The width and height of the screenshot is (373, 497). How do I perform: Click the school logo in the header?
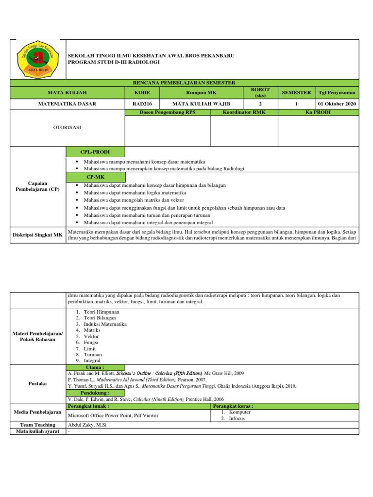pos(38,59)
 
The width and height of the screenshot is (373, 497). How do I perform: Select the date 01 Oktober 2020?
pos(336,103)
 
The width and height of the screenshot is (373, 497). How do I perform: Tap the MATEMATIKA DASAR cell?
pos(68,103)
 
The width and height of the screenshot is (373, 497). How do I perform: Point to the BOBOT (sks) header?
pos(260,92)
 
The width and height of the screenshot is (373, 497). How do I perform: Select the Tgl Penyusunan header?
pos(336,92)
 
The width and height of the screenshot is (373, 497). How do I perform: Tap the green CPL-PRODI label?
pos(95,152)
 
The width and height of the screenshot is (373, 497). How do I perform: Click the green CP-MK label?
pos(95,178)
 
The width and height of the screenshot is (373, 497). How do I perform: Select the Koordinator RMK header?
pos(244,112)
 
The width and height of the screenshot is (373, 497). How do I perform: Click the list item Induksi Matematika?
pos(105,324)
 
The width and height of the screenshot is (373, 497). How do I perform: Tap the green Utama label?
pos(95,367)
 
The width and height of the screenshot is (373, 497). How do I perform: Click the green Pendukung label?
pos(95,393)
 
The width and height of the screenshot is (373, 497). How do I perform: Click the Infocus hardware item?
pos(237,418)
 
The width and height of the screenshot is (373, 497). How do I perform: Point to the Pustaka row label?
pos(38,383)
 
